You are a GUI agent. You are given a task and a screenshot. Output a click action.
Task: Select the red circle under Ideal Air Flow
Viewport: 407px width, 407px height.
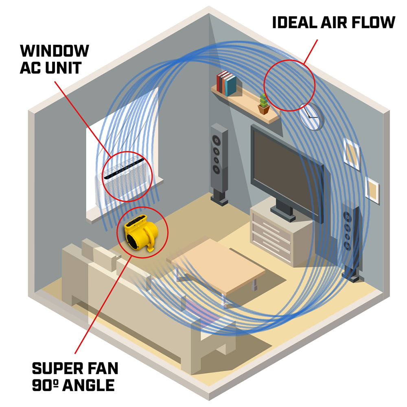[x=289, y=85]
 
